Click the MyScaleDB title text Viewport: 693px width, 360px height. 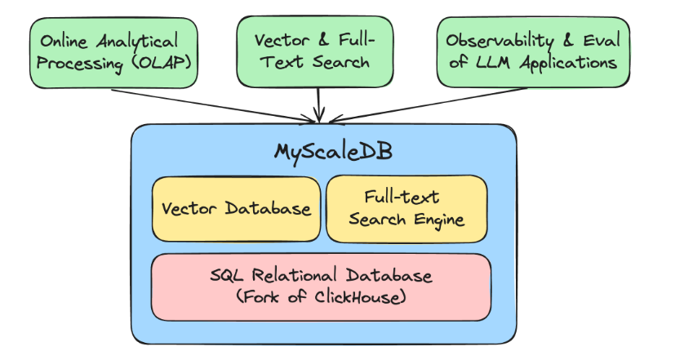[323, 153]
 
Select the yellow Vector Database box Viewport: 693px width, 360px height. [236, 208]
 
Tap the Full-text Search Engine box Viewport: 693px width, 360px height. [406, 208]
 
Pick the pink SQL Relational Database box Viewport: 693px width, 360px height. [321, 286]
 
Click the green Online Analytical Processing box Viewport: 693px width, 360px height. [113, 51]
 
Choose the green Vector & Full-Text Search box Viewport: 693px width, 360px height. [318, 51]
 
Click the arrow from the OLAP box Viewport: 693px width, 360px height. [212, 104]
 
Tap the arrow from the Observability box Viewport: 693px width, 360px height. [424, 104]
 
